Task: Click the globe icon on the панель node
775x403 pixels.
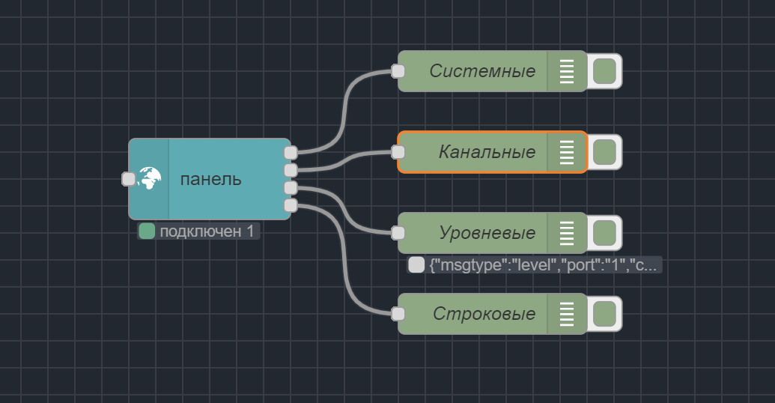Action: click(150, 178)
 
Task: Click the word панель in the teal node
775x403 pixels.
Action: click(210, 179)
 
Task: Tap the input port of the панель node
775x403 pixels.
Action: click(129, 179)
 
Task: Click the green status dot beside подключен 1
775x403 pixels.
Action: click(147, 231)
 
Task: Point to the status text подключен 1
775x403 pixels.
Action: click(207, 231)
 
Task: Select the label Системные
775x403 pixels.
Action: click(482, 71)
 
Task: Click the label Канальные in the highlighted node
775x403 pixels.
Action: click(487, 152)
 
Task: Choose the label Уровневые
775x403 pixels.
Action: click(487, 233)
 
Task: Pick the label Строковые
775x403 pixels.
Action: click(484, 314)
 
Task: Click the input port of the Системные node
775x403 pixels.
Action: click(398, 71)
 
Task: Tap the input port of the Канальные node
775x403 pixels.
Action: click(398, 152)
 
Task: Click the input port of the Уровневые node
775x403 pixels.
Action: click(398, 233)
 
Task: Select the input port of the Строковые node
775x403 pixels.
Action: click(398, 314)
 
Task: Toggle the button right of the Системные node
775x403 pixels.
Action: click(604, 71)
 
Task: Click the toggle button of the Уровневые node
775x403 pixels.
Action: click(604, 233)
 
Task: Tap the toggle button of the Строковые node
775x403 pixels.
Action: click(604, 314)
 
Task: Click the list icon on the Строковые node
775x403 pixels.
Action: click(567, 314)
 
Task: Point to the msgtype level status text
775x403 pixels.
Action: click(544, 265)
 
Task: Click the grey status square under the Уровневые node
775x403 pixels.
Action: click(416, 265)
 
